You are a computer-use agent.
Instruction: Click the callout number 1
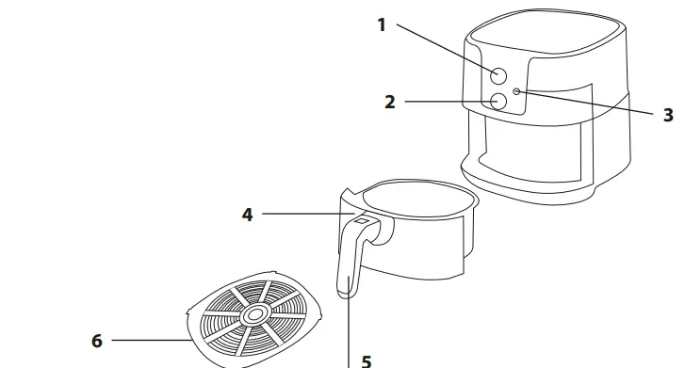point(382,25)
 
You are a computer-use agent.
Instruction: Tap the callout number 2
point(390,102)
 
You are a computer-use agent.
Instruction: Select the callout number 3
point(668,115)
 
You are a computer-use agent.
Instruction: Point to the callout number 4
point(247,215)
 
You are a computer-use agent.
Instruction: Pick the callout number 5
point(367,360)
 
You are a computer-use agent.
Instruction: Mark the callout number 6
point(96,340)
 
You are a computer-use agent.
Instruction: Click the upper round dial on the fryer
point(500,75)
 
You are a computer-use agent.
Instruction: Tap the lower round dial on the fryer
point(499,101)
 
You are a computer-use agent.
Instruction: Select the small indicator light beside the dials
point(517,91)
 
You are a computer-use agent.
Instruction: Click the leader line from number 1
point(443,47)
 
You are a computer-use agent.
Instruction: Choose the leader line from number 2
point(448,102)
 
